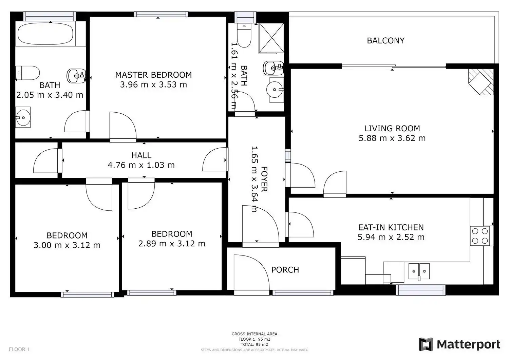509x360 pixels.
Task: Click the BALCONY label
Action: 385,41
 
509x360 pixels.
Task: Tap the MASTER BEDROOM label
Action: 153,75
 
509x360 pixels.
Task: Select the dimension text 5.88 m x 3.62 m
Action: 392,138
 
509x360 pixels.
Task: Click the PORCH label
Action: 285,270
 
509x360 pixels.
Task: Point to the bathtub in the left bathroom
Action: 45,34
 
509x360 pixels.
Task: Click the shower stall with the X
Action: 271,38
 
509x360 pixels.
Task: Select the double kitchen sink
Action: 419,271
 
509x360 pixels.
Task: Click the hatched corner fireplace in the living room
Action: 481,82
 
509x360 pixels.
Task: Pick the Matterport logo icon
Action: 426,344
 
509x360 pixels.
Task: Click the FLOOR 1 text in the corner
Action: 19,349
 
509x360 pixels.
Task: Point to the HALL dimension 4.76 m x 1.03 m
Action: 141,165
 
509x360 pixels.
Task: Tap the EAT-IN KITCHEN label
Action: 391,227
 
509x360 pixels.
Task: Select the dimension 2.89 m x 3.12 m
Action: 172,244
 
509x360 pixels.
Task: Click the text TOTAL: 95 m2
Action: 254,344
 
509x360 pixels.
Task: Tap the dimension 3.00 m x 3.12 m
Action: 67,245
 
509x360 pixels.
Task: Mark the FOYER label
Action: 264,179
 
